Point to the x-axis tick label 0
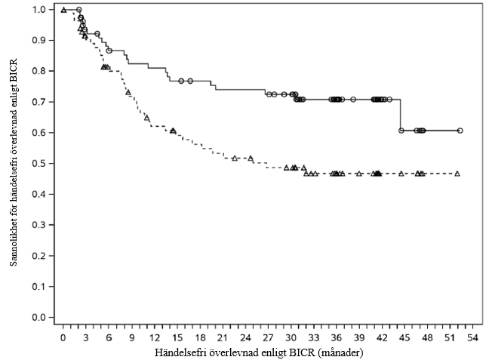click(63, 337)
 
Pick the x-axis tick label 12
click(155, 337)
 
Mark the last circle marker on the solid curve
click(460, 131)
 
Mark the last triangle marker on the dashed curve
click(457, 174)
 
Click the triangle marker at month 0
click(63, 10)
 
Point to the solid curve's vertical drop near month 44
click(400, 115)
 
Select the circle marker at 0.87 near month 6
click(109, 51)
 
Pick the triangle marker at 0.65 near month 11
click(147, 118)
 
